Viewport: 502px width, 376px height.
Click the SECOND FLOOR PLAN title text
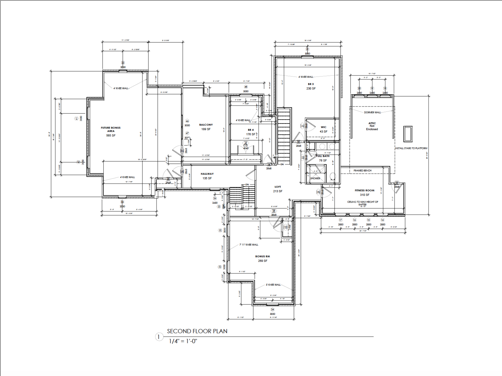[197, 331]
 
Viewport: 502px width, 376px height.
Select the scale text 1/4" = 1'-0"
[183, 341]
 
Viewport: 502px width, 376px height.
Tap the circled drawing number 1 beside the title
[159, 337]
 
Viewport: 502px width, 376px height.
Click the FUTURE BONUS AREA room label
[111, 129]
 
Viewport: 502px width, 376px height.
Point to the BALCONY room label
[206, 125]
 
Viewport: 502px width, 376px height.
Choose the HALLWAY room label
[207, 174]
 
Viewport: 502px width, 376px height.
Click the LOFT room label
[278, 187]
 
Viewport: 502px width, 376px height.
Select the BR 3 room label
[311, 84]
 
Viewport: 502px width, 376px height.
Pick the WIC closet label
[324, 127]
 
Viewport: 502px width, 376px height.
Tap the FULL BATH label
[323, 156]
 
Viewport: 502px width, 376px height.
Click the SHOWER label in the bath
[315, 178]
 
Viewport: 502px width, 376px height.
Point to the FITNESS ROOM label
[365, 190]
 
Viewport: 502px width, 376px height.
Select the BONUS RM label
[263, 256]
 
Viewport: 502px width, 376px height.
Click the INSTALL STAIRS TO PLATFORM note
[411, 148]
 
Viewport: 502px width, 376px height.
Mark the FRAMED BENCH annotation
[362, 171]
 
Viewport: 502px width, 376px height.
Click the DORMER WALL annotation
[373, 112]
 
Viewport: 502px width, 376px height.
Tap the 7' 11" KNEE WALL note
[249, 245]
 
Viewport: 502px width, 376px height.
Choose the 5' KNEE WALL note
[273, 285]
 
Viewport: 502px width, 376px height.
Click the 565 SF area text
[111, 136]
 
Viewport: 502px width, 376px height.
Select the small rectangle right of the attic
[408, 134]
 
